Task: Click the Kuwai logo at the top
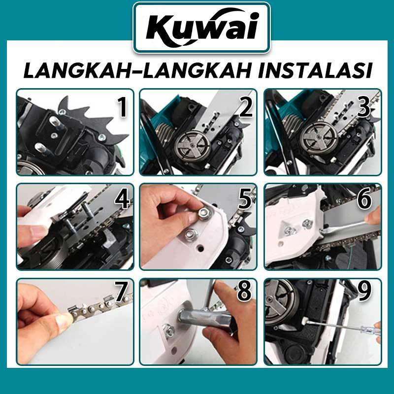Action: click(x=202, y=28)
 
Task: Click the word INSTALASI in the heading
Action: click(x=315, y=71)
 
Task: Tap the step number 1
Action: click(x=123, y=107)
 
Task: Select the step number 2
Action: click(x=245, y=107)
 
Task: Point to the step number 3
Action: click(x=363, y=107)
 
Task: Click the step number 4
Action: click(x=122, y=199)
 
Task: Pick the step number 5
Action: click(x=245, y=199)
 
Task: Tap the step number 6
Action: click(x=364, y=199)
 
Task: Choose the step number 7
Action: click(x=121, y=292)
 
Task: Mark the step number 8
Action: click(x=244, y=292)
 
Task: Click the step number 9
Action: click(x=364, y=292)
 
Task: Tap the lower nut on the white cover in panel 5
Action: click(x=191, y=235)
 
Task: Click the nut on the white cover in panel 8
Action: click(x=168, y=330)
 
